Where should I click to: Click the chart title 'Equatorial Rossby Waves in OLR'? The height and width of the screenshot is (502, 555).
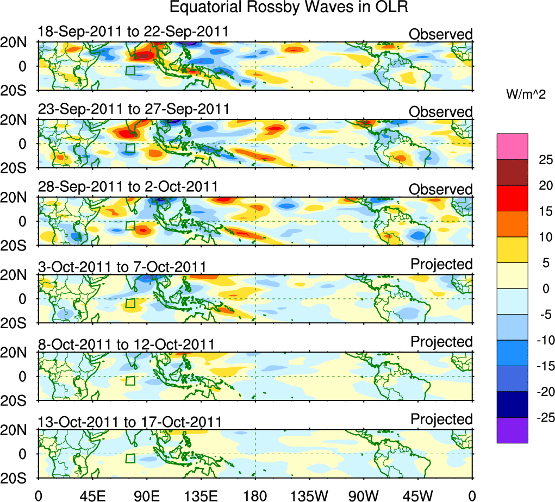point(288,8)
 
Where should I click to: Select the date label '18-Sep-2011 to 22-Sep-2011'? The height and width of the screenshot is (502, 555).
point(133,32)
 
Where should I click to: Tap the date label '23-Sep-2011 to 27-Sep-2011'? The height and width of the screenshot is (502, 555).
point(134,109)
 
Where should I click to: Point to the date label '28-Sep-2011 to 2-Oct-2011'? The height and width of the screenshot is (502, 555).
point(128,187)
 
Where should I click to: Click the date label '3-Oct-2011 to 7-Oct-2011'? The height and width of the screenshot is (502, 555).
point(122,267)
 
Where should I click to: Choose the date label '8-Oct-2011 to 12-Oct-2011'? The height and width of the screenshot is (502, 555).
point(126,344)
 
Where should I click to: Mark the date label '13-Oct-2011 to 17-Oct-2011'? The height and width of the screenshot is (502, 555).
point(130,422)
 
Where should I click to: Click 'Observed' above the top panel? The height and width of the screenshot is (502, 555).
point(441,34)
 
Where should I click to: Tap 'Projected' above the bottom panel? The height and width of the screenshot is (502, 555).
point(441,419)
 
